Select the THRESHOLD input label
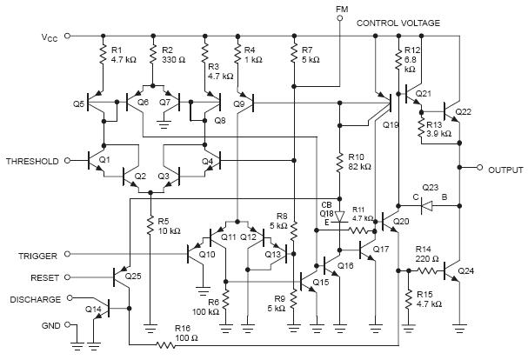coord(33,162)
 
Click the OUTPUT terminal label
coord(505,169)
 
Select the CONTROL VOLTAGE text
coord(398,23)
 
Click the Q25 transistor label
coord(133,276)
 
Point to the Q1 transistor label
coord(106,160)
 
